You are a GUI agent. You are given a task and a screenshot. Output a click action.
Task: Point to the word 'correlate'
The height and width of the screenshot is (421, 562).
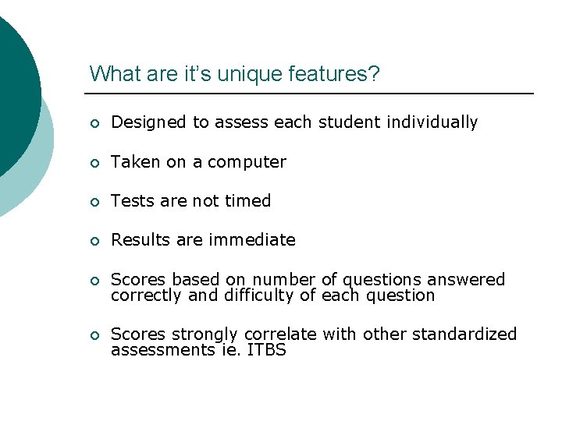point(279,334)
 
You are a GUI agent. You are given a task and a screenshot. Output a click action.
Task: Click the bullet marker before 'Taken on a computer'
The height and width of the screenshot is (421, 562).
point(94,163)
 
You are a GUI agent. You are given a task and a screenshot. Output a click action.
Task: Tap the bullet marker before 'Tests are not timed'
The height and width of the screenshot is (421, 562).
point(94,202)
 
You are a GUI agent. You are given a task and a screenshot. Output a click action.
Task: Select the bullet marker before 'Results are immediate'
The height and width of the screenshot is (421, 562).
point(94,241)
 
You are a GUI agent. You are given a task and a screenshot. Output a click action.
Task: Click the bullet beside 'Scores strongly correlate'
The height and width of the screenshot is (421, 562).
point(94,336)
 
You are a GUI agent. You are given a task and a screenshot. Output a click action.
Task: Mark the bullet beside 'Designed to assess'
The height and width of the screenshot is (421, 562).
point(94,123)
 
